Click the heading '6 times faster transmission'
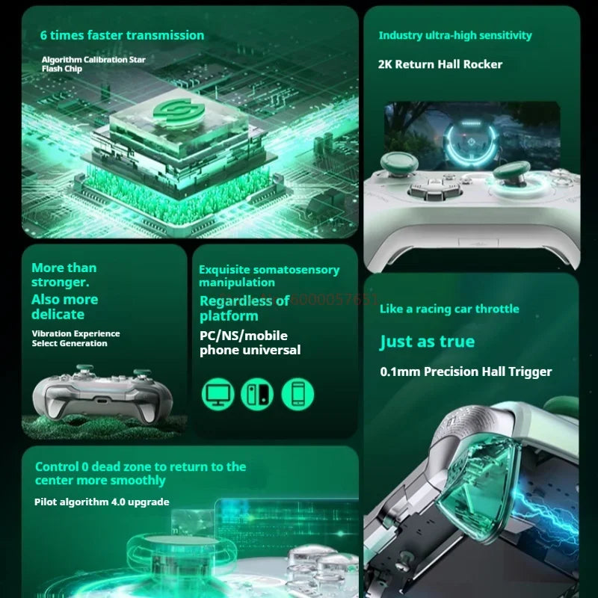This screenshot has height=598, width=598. click(122, 35)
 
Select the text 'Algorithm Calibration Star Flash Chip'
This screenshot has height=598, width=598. click(93, 64)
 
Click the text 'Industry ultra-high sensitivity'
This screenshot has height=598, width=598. click(455, 35)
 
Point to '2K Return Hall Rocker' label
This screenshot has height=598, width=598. click(440, 64)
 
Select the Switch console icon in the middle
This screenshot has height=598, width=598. click(257, 393)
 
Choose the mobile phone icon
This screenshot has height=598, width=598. click(298, 393)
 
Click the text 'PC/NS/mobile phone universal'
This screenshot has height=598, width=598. click(250, 342)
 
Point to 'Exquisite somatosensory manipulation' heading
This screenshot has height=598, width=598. click(268, 276)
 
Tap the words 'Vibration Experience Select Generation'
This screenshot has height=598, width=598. click(75, 339)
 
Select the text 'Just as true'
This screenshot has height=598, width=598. click(427, 342)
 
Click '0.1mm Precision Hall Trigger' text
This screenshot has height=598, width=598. click(466, 372)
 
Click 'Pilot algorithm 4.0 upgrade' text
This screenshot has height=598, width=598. click(102, 502)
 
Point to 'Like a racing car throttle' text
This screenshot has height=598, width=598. click(449, 309)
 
